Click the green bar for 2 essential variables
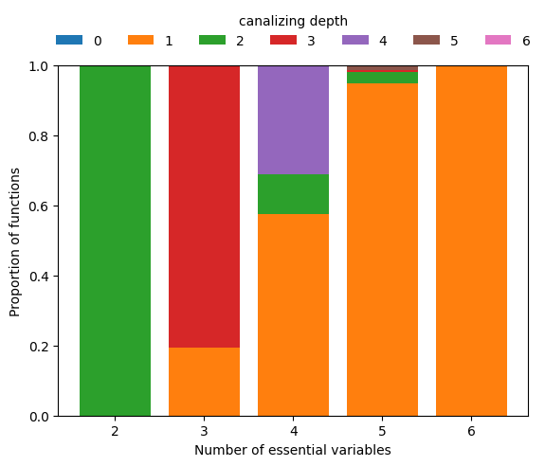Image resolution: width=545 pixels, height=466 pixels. point(115,241)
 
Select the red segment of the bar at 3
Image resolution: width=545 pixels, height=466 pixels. point(204,206)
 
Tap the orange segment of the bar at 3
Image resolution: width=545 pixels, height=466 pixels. point(204,382)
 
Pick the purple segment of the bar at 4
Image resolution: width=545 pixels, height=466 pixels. point(293,119)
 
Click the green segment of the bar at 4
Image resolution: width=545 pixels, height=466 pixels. point(293,194)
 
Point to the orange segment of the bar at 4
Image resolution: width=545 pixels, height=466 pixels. point(293,314)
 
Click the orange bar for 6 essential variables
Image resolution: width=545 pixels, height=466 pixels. point(471,241)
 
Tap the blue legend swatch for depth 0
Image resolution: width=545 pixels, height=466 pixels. point(69,41)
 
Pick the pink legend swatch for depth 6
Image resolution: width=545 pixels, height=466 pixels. point(499,41)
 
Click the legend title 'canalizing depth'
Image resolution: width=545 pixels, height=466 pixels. point(293,21)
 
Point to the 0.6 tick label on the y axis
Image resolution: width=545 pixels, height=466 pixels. point(38,206)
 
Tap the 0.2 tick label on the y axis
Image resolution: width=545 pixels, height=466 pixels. point(38,347)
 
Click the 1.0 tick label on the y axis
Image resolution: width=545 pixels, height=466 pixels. point(38,66)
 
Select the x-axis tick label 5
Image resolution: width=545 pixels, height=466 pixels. point(382,432)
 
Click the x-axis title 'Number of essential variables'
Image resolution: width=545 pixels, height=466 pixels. point(293,450)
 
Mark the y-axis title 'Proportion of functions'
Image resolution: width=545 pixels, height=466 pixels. point(15,241)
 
